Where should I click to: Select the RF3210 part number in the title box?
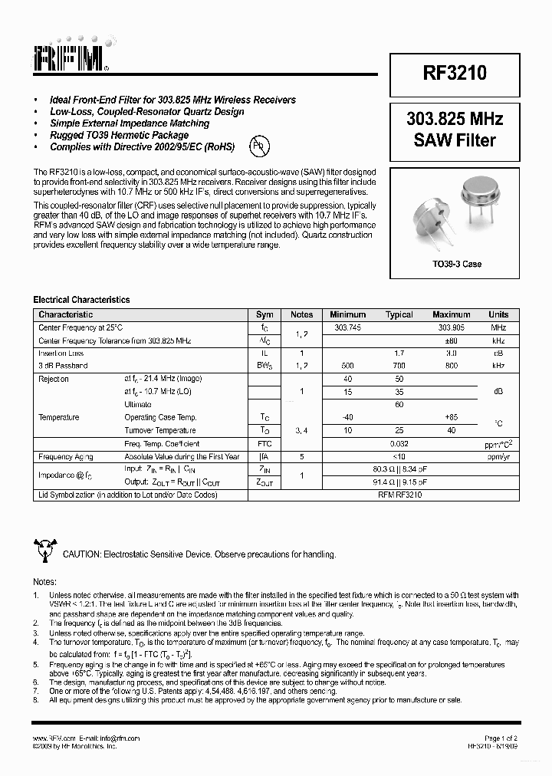point(455,73)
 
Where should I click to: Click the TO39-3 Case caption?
point(455,264)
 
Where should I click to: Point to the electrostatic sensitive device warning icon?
point(44,551)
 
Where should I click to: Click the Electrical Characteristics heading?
point(81,300)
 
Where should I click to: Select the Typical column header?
point(399,314)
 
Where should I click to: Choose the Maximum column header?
point(451,314)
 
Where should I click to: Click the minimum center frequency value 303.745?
point(348,327)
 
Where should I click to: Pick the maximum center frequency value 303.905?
point(451,327)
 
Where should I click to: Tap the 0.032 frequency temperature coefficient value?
point(399,443)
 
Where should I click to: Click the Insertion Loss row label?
point(61,353)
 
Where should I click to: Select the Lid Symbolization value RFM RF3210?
point(399,495)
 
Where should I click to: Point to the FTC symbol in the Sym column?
point(264,443)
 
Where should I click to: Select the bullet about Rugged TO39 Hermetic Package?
point(119,135)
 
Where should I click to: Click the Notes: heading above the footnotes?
point(45,582)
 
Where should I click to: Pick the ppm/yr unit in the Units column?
point(498,456)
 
